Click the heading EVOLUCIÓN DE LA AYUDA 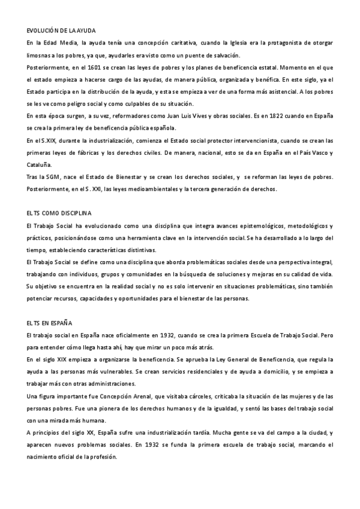point(61,30)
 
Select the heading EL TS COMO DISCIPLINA point(59,213)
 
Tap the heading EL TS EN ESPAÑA point(49,322)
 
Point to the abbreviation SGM point(55,178)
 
